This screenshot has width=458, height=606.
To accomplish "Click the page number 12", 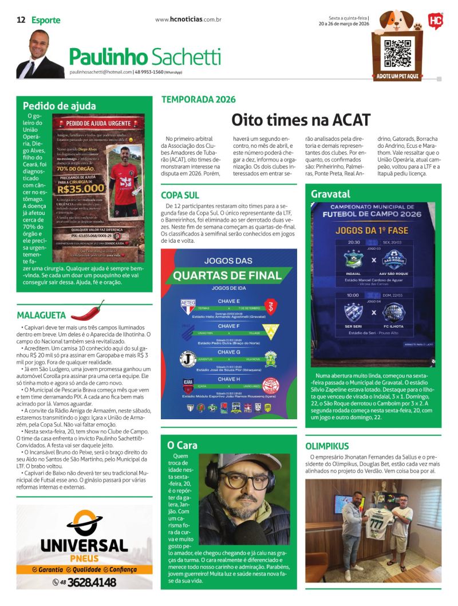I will pyautogui.click(x=21, y=19).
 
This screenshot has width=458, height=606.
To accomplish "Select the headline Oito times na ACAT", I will pyautogui.click(x=301, y=119).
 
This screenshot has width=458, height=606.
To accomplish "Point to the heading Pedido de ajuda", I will pyautogui.click(x=60, y=105).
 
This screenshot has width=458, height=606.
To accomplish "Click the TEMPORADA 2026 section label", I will pyautogui.click(x=198, y=99).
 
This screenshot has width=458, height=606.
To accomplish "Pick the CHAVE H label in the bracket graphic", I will pyautogui.click(x=229, y=379).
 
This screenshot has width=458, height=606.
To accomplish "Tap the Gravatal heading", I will pyautogui.click(x=330, y=194).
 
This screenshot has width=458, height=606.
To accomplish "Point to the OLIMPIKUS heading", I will pyautogui.click(x=327, y=446).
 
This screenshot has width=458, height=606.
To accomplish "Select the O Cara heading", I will pyautogui.click(x=182, y=444).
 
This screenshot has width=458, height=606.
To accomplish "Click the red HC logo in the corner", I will pyautogui.click(x=435, y=21).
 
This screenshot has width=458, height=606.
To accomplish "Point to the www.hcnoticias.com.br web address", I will pyautogui.click(x=188, y=19).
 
